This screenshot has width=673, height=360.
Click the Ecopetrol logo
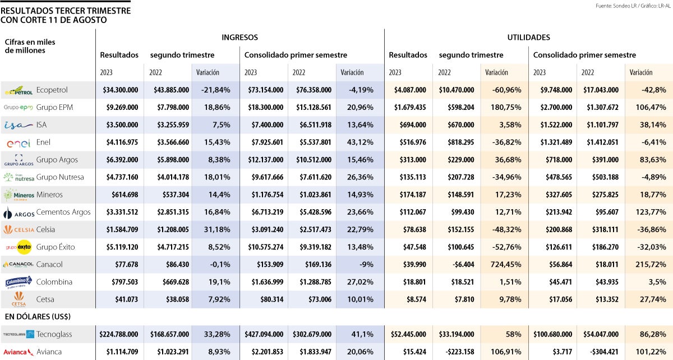pyautogui.click(x=19, y=90)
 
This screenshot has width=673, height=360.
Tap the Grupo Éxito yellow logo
pyautogui.click(x=19, y=247)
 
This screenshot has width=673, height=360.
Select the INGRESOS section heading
pyautogui.click(x=239, y=38)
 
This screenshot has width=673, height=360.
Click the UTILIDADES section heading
pyautogui.click(x=528, y=38)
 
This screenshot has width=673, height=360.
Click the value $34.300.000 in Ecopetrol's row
pyautogui.click(x=121, y=90)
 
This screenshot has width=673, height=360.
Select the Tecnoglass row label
pyautogui.click(x=54, y=334)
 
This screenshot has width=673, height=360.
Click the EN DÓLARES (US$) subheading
pyautogui.click(x=38, y=317)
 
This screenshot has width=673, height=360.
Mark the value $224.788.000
pyautogui.click(x=119, y=334)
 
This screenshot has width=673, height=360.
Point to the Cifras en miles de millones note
pyautogui.click(x=30, y=46)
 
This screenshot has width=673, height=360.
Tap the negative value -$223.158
pyautogui.click(x=454, y=352)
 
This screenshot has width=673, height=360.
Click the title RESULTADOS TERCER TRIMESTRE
pyautogui.click(x=67, y=11)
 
